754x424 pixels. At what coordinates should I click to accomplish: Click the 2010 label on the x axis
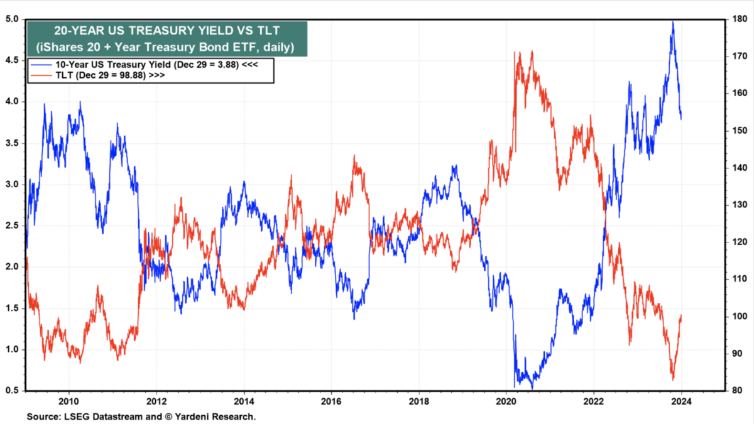point(68,401)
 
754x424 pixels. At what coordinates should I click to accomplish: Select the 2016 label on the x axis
point(331,401)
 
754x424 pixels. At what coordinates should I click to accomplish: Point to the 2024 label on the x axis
point(681,401)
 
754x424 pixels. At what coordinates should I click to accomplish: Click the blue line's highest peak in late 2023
point(673,22)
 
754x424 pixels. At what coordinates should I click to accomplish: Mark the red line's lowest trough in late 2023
point(673,379)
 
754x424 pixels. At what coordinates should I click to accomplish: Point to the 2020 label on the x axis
point(506,401)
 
